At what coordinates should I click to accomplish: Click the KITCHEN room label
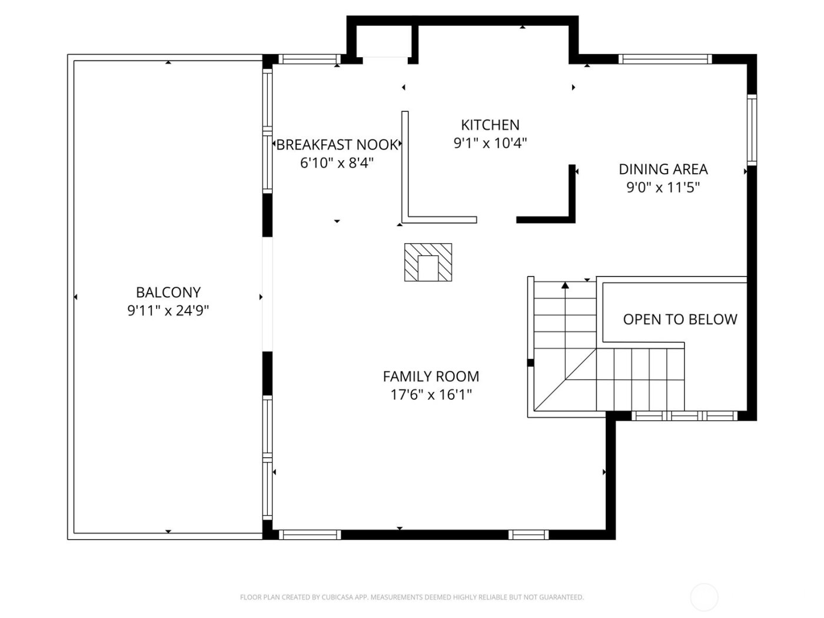490,125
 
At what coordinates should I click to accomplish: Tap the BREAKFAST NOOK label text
337,145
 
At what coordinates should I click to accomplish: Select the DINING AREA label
663,170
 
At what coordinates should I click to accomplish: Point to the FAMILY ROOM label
431,377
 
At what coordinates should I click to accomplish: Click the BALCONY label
168,293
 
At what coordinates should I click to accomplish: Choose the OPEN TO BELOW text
680,320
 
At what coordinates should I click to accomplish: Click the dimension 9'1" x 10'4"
490,143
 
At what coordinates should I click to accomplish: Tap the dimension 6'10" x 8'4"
337,163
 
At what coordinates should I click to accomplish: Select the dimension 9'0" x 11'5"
663,188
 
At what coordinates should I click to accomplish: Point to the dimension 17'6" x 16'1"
431,395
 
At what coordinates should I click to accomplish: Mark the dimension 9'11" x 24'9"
168,311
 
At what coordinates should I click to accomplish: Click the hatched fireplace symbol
428,262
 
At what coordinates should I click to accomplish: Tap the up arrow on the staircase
565,285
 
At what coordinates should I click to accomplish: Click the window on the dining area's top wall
665,59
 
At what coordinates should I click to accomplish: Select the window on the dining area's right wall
752,129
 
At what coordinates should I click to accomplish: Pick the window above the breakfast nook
309,59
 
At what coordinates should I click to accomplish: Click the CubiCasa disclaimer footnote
412,597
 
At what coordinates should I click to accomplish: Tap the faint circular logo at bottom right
704,597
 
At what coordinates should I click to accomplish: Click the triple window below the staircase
684,416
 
